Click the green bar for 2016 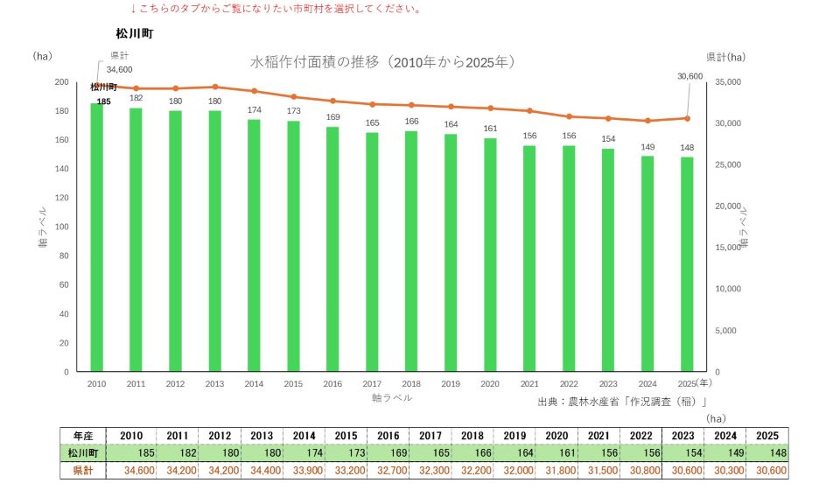[332, 249]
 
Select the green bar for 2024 [647, 263]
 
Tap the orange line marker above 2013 [215, 87]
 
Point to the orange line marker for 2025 [688, 118]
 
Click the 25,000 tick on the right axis [728, 164]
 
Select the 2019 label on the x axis [451, 383]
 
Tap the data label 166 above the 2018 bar [411, 121]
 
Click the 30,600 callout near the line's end [690, 76]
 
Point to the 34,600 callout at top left [119, 70]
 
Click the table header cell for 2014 [304, 436]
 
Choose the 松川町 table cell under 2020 [556, 453]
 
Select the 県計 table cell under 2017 [430, 471]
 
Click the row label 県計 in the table [83, 471]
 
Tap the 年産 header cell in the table [83, 436]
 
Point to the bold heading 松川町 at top [135, 34]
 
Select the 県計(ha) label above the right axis [726, 57]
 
